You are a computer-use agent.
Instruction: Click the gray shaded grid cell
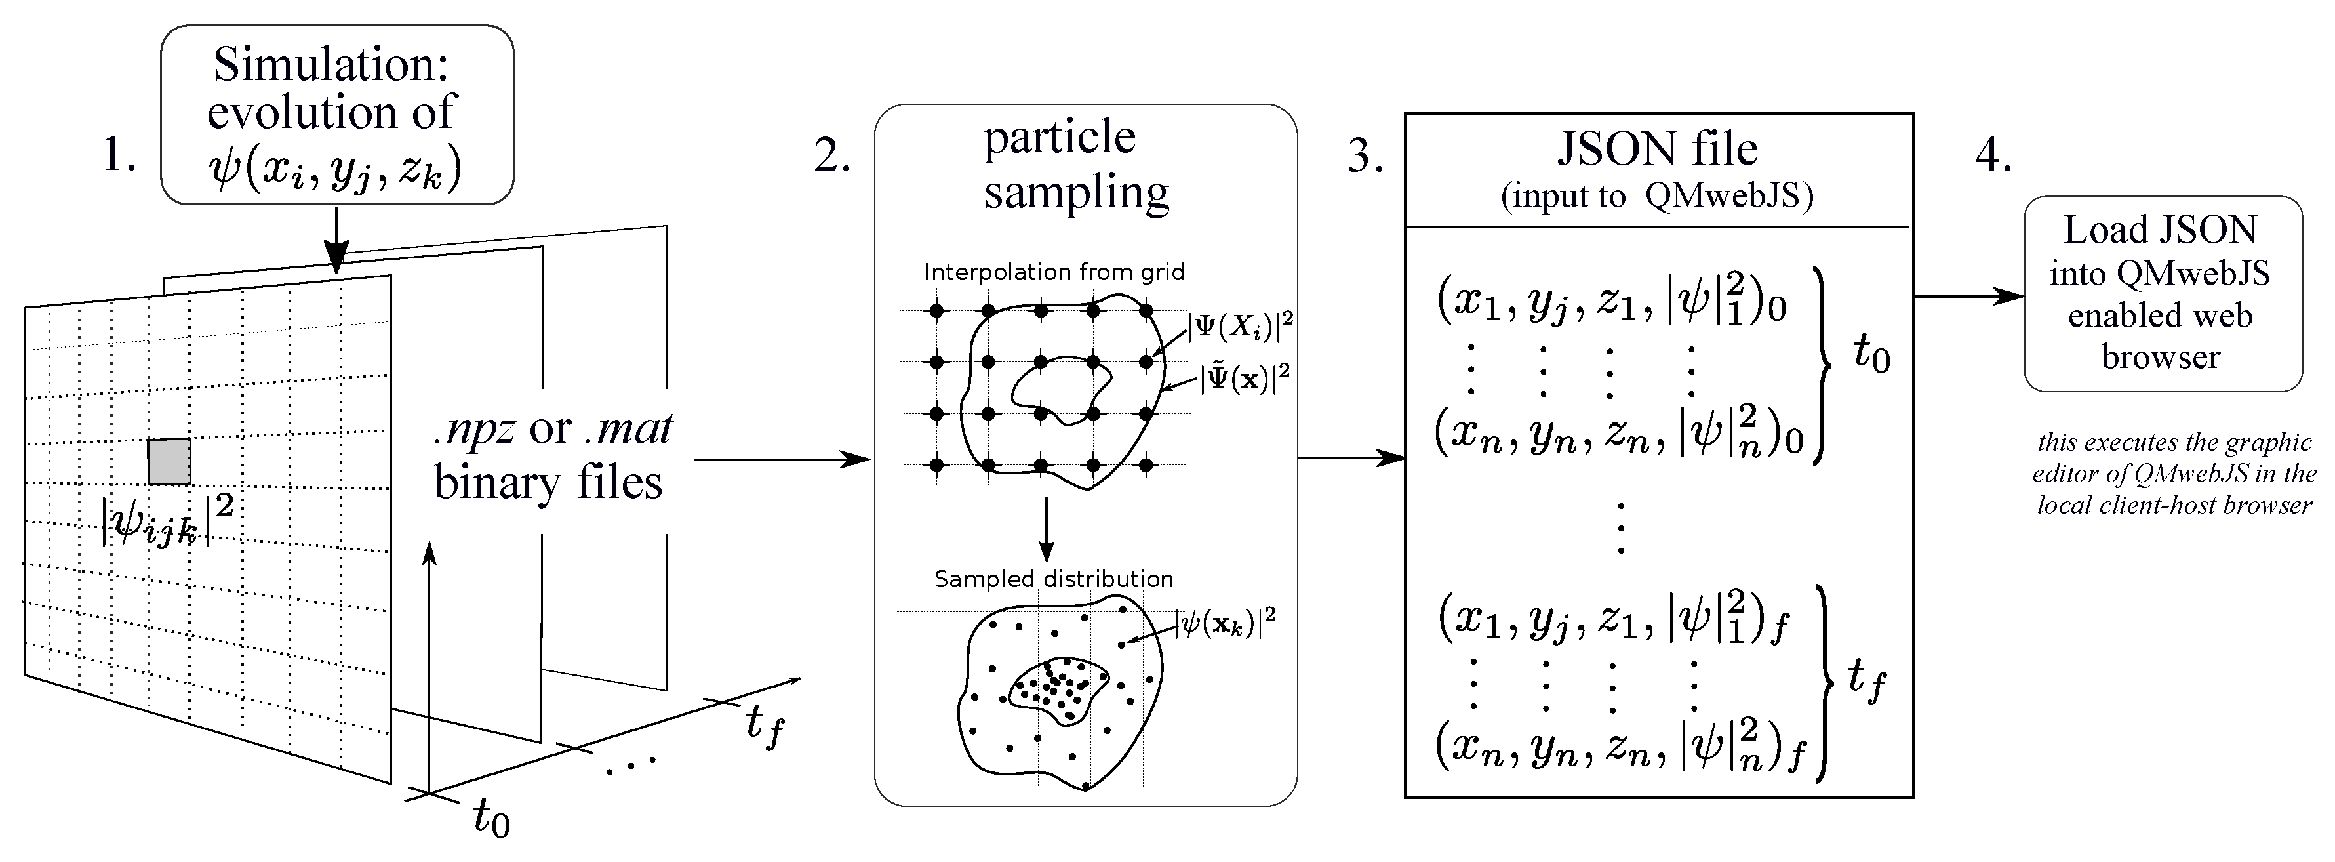point(170,461)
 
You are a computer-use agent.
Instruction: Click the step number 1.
point(119,154)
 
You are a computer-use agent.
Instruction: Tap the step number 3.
point(1364,157)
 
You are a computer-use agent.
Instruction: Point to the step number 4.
point(1992,155)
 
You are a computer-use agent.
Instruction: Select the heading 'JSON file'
point(1657,150)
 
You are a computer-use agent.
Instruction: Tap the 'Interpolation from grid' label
point(1053,272)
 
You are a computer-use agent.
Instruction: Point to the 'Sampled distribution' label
point(1053,579)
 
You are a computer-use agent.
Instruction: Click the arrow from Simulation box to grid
point(336,240)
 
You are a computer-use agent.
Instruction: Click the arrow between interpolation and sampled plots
point(1047,530)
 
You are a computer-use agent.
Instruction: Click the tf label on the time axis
point(763,725)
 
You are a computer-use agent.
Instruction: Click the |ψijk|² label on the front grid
point(169,520)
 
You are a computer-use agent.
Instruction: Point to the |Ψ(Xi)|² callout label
point(1240,325)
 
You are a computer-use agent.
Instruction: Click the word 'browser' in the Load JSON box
point(2161,357)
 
